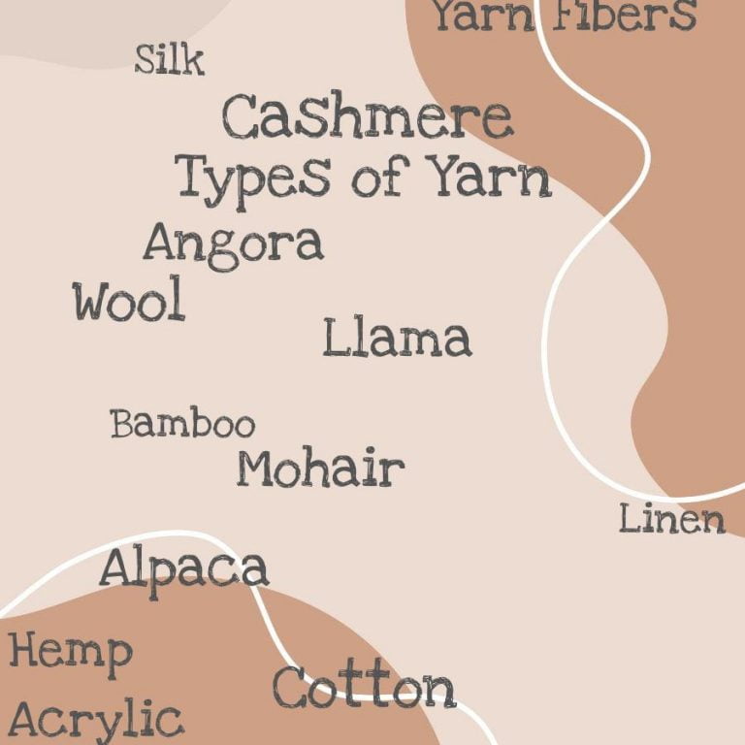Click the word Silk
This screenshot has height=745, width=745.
click(x=170, y=60)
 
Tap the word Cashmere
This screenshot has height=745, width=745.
click(x=367, y=118)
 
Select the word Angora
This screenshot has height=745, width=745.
click(x=233, y=243)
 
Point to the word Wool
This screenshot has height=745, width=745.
click(x=129, y=302)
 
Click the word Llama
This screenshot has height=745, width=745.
click(x=397, y=339)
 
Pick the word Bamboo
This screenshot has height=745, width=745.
click(x=182, y=424)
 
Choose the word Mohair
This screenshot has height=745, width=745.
click(x=320, y=469)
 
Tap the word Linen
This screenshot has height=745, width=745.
click(x=672, y=519)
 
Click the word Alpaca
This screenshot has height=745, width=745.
click(x=183, y=569)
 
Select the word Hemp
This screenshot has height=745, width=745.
click(x=70, y=652)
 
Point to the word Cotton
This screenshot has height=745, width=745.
click(x=364, y=688)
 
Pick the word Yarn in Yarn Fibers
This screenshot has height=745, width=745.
click(x=485, y=16)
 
